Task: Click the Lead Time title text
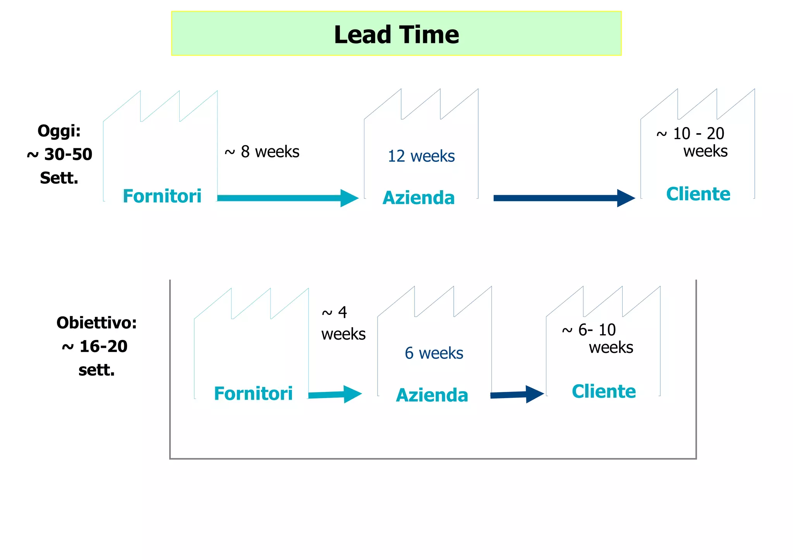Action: coord(396,35)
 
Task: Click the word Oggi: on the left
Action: coord(59,131)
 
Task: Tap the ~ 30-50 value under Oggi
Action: coord(60,155)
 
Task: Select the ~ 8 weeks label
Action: coord(262,152)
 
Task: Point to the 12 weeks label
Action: coord(421,156)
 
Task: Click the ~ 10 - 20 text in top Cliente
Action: coord(690,134)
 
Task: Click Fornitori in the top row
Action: coord(162,196)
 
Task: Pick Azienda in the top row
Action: coord(418,198)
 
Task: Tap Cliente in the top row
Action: coord(698,194)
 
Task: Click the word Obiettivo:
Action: coord(96,323)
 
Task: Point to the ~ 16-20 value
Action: coord(94,346)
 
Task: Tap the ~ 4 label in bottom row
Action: coord(335,313)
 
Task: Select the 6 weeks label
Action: coord(434,353)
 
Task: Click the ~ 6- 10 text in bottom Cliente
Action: coord(589,330)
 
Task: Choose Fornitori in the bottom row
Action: coord(253,393)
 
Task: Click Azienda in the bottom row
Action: coord(432,395)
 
